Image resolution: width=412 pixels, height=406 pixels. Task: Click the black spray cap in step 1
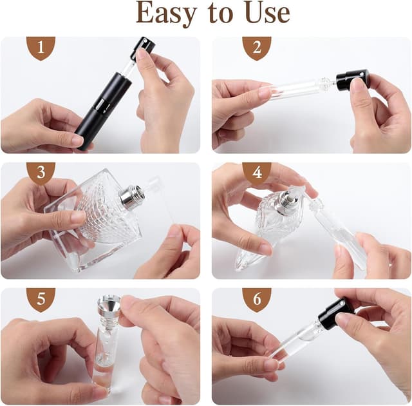pos(144,47)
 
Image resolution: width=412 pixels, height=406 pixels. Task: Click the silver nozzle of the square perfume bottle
pos(133,197)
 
